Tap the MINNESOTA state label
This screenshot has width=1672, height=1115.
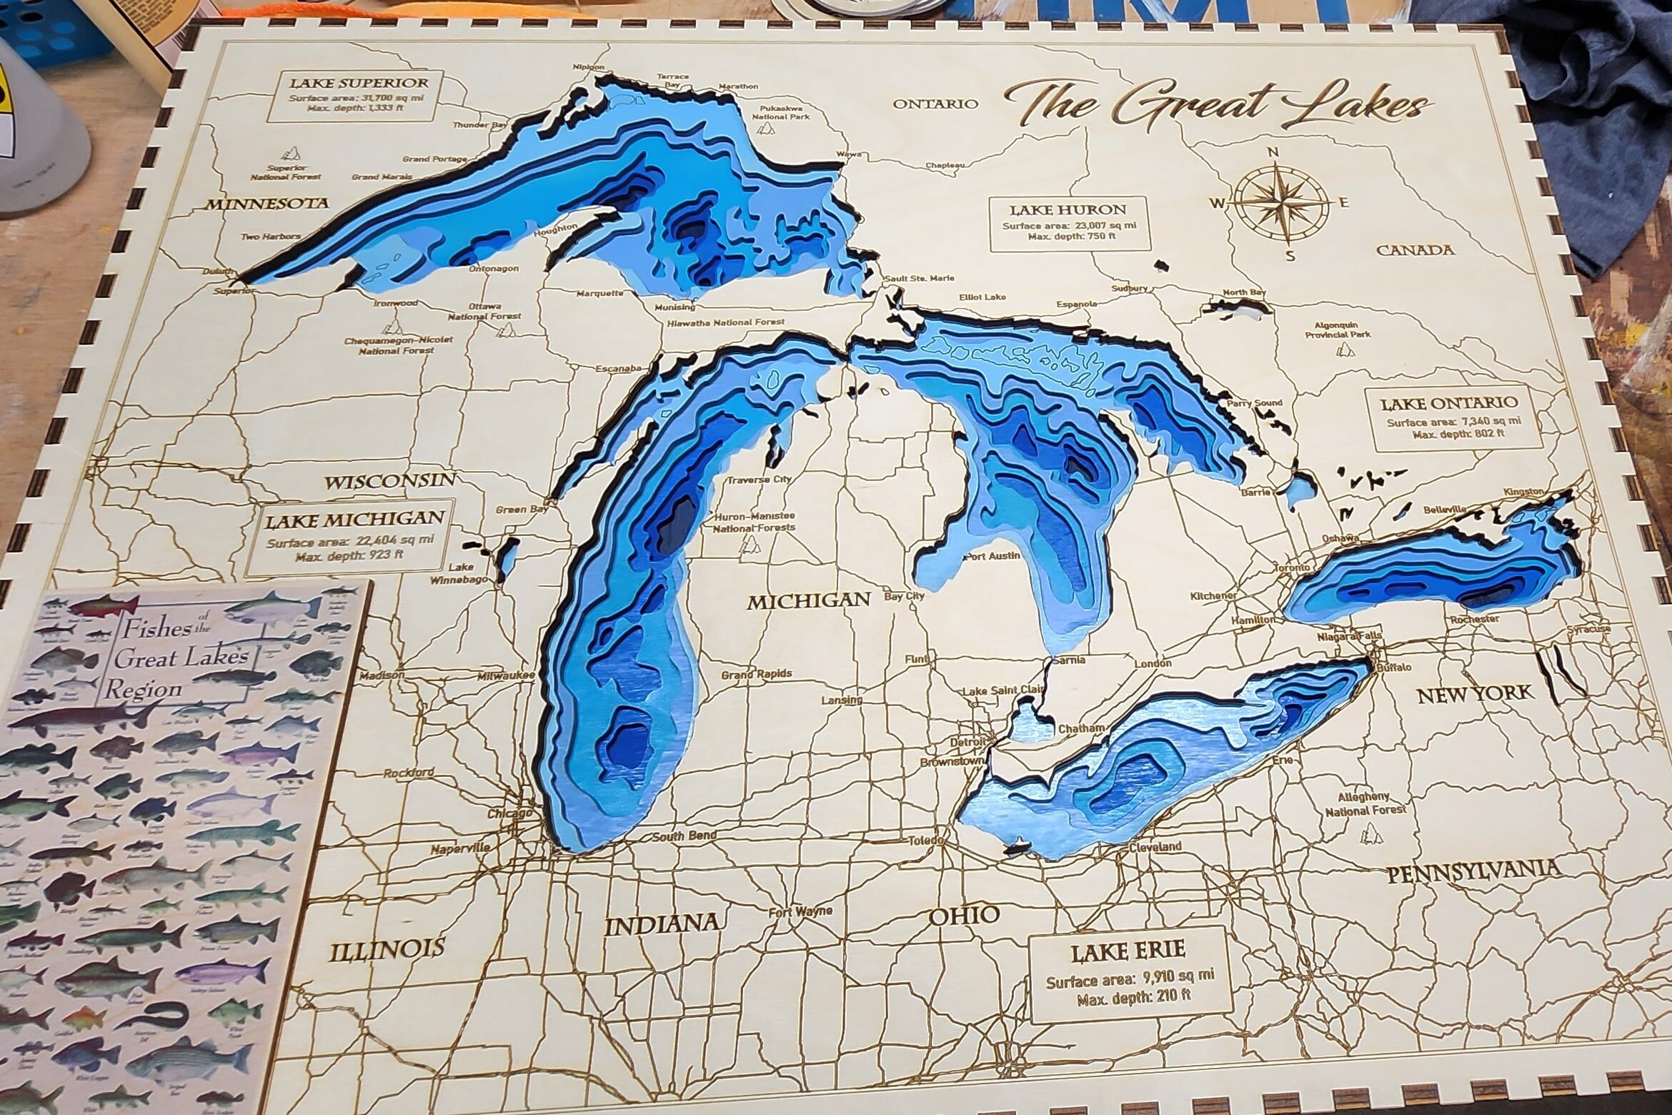tap(269, 204)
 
